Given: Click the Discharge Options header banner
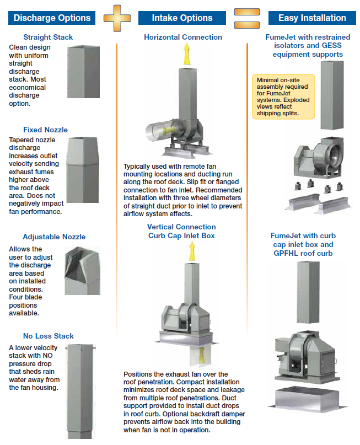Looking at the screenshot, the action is tap(52, 18).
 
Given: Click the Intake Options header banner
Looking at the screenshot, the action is tap(182, 18).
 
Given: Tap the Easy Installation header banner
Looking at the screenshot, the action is tap(312, 18).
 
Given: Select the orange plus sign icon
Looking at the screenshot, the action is tap(117, 18).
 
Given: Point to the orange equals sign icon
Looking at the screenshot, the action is tap(247, 18).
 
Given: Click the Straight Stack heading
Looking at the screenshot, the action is tap(48, 37).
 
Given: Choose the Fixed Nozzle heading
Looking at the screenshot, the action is tap(45, 130).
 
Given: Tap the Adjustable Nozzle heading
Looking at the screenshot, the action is tap(54, 237).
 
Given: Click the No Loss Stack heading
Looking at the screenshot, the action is tap(48, 336).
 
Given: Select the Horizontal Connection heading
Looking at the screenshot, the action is tap(183, 37).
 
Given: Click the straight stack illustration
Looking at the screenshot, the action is tap(83, 72).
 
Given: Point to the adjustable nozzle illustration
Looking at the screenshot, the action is tap(82, 271).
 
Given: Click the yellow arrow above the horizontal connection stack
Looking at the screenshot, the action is tap(186, 53).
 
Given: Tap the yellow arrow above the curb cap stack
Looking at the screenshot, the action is tap(192, 251).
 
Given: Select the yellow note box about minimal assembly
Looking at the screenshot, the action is tap(283, 96).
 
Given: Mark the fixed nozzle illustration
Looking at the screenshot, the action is tap(83, 170).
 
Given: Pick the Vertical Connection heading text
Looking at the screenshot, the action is tap(181, 227).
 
